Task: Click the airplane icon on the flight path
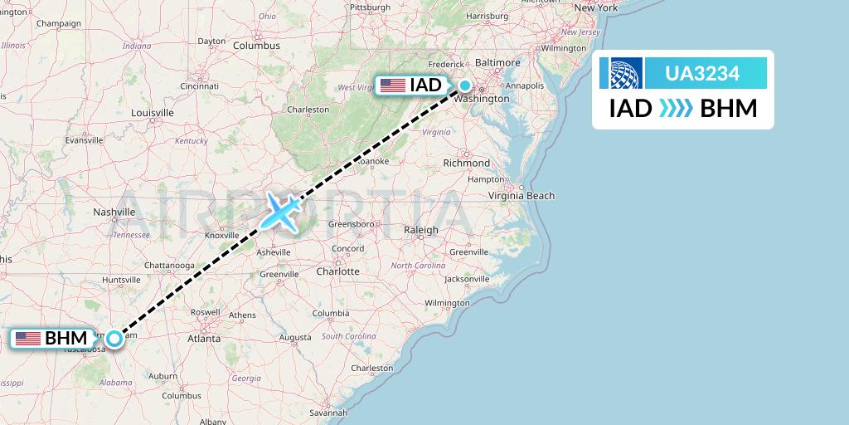tap(282, 211)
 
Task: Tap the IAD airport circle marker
tap(465, 85)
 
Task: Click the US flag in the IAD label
tap(392, 85)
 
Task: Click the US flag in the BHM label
tap(28, 338)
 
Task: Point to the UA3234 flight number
tap(702, 74)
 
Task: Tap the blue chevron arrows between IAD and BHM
tap(676, 109)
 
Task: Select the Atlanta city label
tap(204, 339)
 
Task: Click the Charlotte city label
tap(338, 271)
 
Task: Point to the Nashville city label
tap(114, 212)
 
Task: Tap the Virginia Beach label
tap(521, 196)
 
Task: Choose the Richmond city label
tap(467, 163)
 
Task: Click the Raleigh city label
tap(420, 230)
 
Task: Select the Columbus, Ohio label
tap(256, 46)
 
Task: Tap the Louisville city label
tap(152, 112)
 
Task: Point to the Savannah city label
tap(326, 413)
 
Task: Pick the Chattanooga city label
tap(167, 265)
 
